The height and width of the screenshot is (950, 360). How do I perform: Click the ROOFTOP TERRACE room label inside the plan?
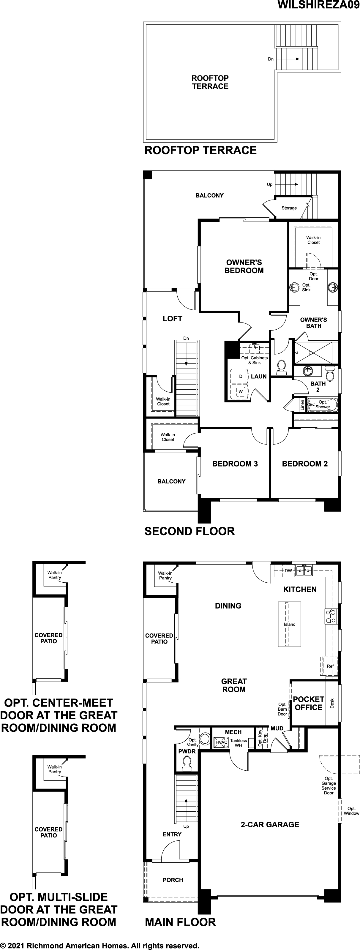(x=210, y=82)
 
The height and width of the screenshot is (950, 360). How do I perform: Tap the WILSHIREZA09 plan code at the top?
(x=318, y=5)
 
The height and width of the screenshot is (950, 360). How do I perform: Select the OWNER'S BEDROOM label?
(x=244, y=266)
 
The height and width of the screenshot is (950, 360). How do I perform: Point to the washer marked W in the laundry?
(x=241, y=391)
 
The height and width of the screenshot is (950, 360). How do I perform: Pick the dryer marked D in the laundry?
(x=241, y=377)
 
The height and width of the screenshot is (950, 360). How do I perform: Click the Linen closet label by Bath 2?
(x=302, y=405)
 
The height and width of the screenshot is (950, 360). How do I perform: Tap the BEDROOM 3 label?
(x=235, y=464)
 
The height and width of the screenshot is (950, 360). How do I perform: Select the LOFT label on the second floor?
(x=172, y=319)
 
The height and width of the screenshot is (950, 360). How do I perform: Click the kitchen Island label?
(x=290, y=624)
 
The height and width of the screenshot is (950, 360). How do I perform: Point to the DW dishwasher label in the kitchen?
(x=288, y=570)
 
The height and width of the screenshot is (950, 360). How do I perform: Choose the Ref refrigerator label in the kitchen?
(x=330, y=666)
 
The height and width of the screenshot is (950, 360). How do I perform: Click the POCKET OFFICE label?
(x=308, y=703)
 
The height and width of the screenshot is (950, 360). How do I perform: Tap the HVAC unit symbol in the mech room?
(x=222, y=742)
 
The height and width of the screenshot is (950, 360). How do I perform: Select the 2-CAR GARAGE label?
(x=270, y=825)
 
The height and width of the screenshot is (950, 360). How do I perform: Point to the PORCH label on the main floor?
(x=173, y=880)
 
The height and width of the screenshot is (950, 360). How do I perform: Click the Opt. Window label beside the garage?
(x=351, y=811)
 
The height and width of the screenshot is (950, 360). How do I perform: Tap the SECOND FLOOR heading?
(x=189, y=532)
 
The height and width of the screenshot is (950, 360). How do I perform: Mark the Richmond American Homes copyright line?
(x=100, y=946)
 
